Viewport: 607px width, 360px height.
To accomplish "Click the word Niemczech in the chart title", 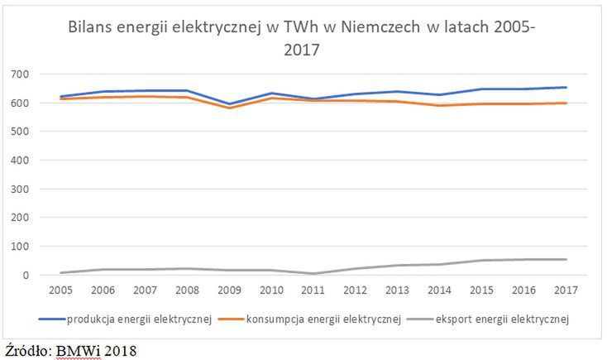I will [386, 26].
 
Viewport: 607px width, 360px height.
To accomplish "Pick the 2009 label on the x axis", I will [229, 290].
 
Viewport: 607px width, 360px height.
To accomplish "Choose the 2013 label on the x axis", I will [397, 290].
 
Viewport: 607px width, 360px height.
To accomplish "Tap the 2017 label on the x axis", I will [565, 290].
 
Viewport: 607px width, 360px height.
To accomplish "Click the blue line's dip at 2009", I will [229, 104].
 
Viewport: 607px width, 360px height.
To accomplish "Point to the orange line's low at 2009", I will [229, 108].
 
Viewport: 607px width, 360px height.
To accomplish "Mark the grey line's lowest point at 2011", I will [313, 273].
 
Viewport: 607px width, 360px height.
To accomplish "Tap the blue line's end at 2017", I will [565, 88].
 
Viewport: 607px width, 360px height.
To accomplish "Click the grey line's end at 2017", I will [565, 260].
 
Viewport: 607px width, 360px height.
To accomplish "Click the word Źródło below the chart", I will [28, 349].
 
